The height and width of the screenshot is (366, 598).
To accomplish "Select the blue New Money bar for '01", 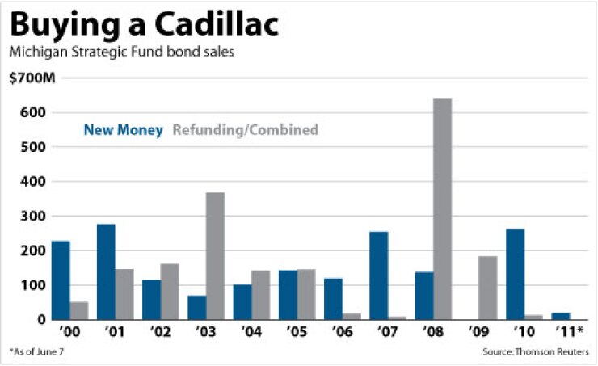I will (x=106, y=271).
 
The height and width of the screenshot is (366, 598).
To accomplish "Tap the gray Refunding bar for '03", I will (x=214, y=255).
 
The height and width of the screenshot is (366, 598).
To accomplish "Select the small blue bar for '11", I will (x=561, y=316).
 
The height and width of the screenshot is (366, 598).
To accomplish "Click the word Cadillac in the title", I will (x=213, y=25).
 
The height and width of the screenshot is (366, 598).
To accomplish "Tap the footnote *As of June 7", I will (x=36, y=353).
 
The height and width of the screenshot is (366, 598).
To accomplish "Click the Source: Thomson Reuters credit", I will (x=536, y=353).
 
